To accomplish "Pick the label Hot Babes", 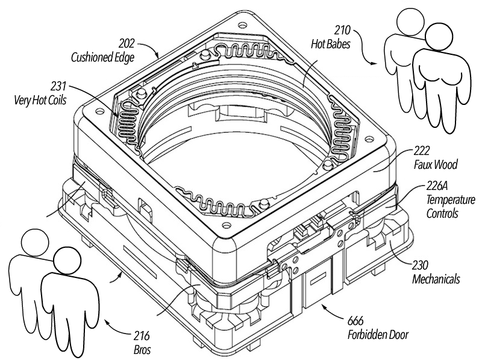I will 331,43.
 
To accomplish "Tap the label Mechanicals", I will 436,279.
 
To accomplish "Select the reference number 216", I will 140,336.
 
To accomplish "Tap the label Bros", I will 140,349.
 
